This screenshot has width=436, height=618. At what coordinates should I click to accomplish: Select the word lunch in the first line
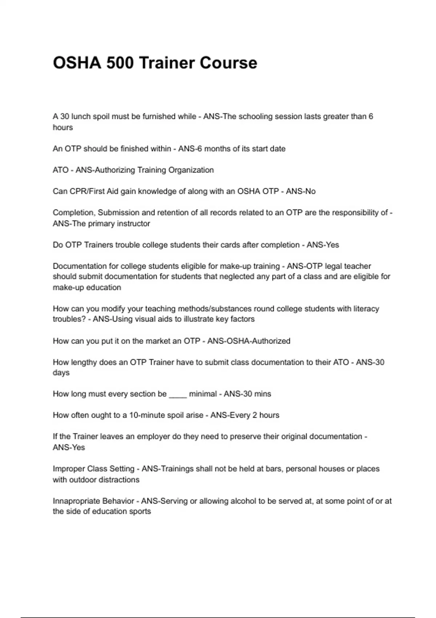pos(81,116)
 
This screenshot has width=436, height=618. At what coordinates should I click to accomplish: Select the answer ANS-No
pos(301,191)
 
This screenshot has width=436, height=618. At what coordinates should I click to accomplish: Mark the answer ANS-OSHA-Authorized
pos(249,341)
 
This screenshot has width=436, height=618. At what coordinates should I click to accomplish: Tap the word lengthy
pos(83,362)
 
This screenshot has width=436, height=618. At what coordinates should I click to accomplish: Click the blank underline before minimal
pos(178,394)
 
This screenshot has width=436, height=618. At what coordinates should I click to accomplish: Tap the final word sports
pos(141,511)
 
